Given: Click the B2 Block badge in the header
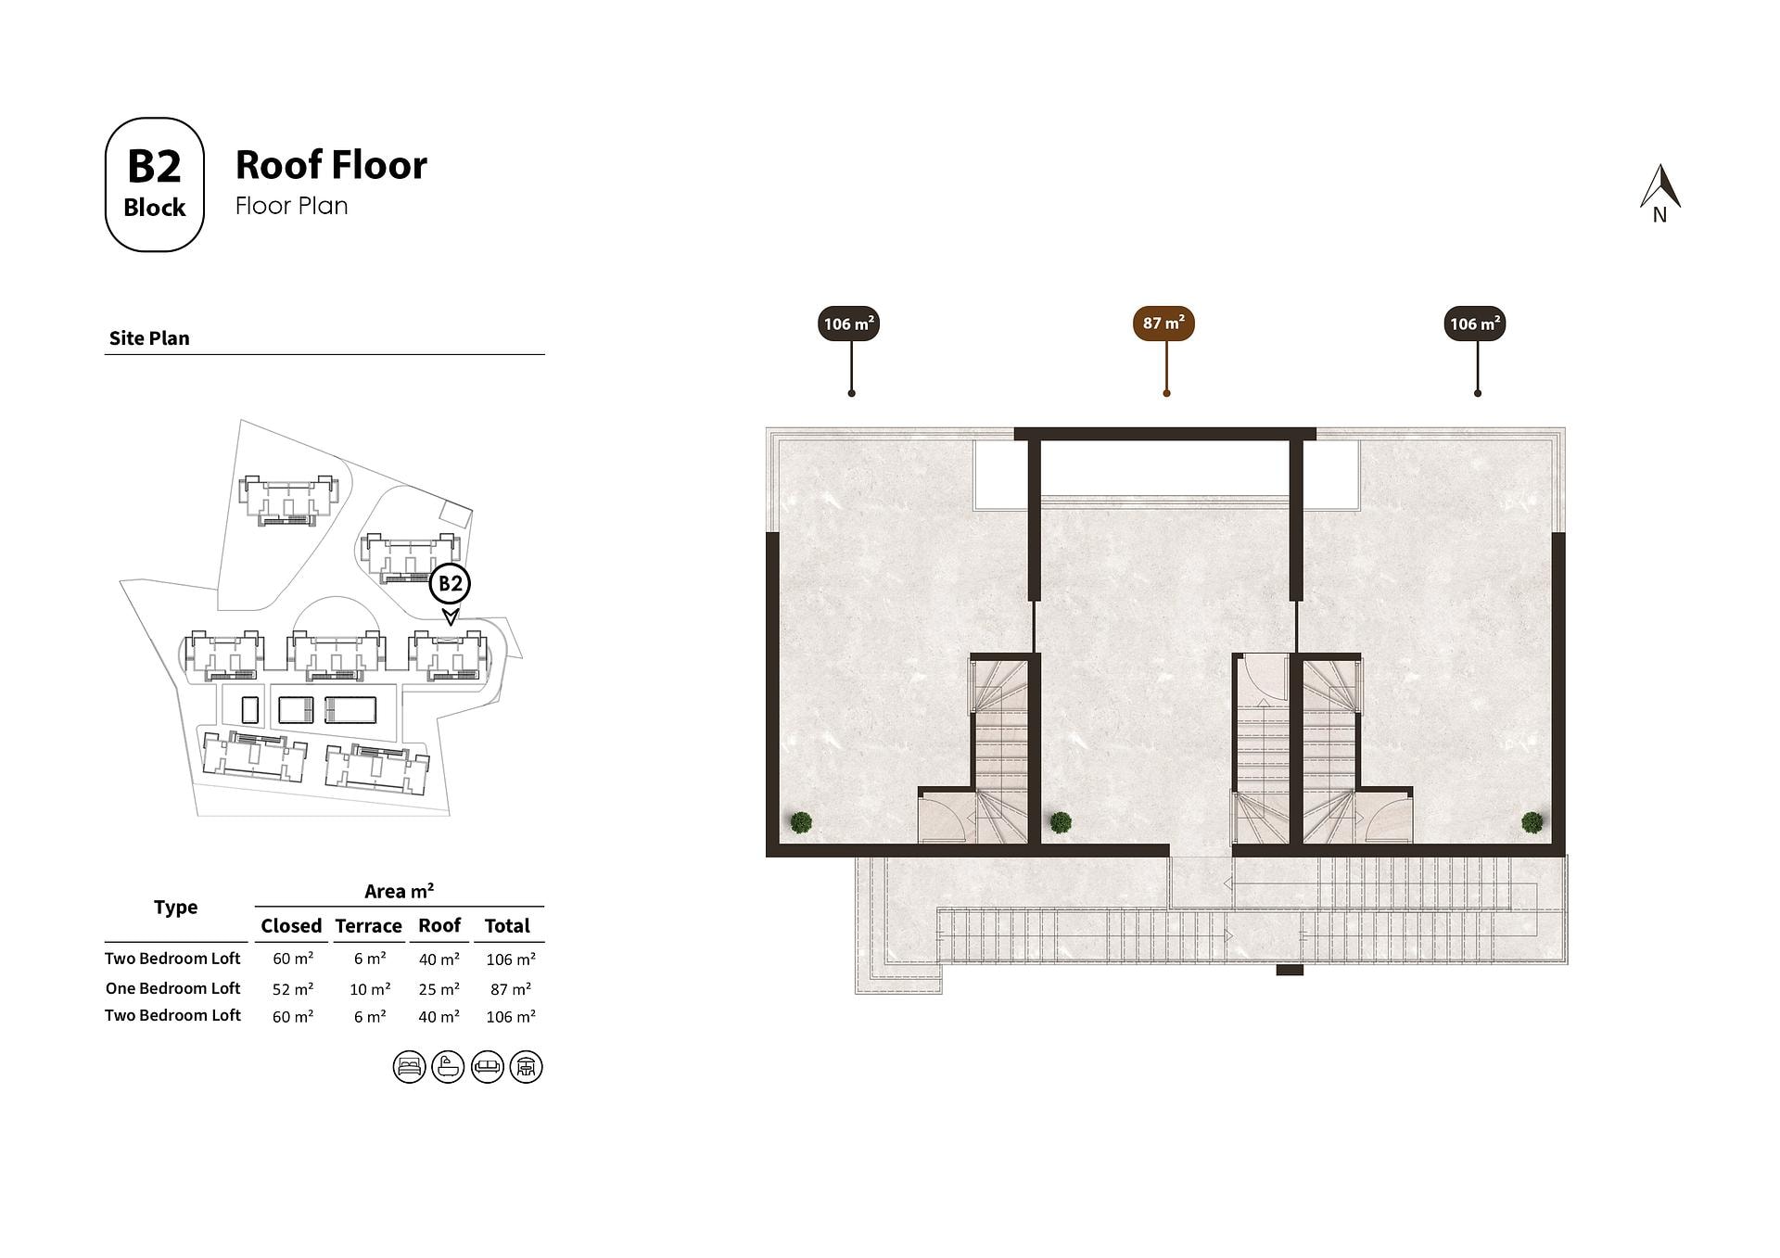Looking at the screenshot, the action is [154, 184].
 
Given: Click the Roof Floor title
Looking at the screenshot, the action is [331, 165].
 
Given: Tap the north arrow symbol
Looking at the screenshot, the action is [1659, 193].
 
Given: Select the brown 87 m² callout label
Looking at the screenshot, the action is [1163, 324].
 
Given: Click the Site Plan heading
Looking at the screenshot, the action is [149, 338].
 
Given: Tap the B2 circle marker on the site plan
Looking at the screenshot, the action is [450, 584].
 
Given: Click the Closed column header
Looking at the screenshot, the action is [291, 925].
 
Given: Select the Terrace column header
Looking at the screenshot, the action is [369, 925].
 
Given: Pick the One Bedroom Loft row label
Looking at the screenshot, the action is [172, 988].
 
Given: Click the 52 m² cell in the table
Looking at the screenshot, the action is [293, 989].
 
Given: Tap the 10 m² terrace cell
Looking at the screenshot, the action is [370, 989].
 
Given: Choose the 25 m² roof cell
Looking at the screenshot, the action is [439, 989].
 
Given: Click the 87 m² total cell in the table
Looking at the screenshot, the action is [511, 989].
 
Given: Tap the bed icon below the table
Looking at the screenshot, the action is [409, 1067].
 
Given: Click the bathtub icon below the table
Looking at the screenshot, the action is [448, 1067].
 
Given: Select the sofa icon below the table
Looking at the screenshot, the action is [488, 1067].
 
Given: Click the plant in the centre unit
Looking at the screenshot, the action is [1061, 822].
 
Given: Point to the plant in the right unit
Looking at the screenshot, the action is [1532, 822].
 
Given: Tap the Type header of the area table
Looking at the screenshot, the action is [176, 908].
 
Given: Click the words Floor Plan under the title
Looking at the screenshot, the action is [292, 206].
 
